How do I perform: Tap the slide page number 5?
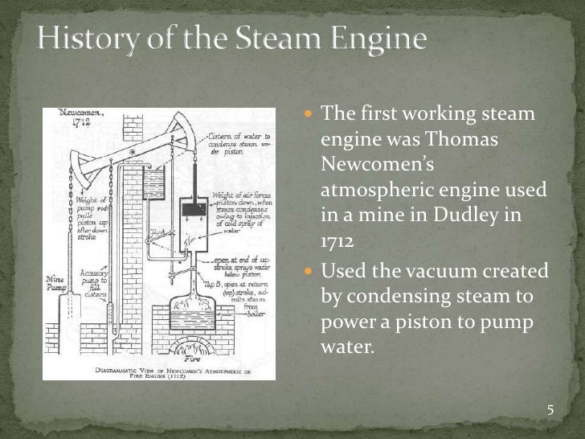(550, 411)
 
